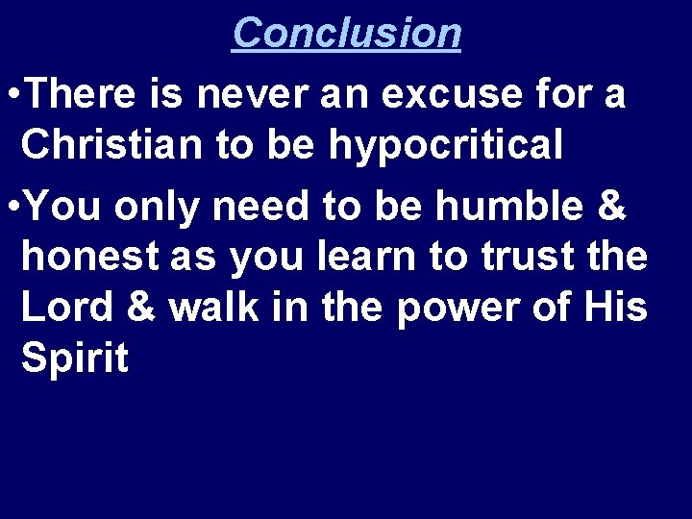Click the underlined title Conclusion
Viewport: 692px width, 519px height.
pos(346,32)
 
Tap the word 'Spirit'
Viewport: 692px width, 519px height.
pos(75,358)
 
